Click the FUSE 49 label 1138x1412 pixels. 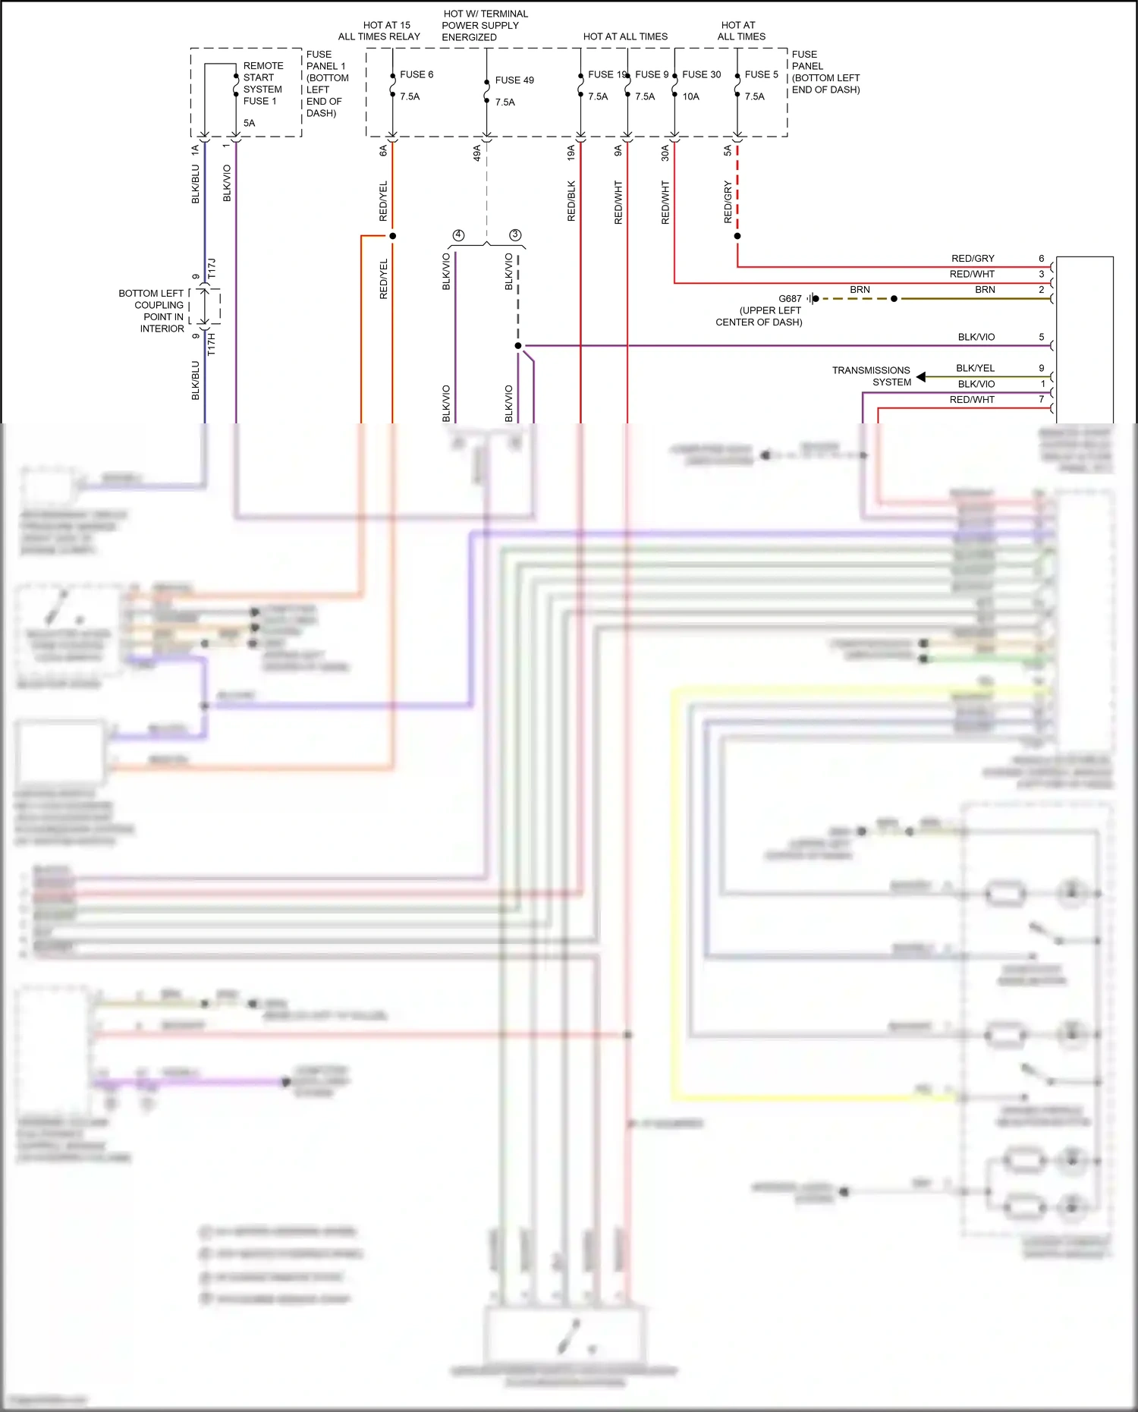[514, 80]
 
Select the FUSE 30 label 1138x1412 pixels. [701, 74]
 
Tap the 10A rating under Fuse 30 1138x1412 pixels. [690, 96]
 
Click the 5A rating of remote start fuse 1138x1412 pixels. [249, 123]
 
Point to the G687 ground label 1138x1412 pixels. [790, 299]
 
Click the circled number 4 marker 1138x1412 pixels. [458, 235]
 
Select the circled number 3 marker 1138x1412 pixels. [515, 235]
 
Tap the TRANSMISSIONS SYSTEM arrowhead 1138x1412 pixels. [920, 376]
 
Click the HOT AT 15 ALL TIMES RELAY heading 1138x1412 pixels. [379, 31]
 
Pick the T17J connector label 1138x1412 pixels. [212, 268]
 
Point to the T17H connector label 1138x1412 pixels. [212, 344]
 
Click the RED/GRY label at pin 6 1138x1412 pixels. [973, 259]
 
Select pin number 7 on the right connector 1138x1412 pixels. [1042, 399]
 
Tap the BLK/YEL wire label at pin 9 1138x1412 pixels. [975, 368]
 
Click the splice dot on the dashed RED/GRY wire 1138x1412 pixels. [737, 236]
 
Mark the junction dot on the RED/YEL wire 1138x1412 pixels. [392, 236]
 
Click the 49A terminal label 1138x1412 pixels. [477, 153]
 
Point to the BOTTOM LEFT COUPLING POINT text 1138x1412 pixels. [152, 311]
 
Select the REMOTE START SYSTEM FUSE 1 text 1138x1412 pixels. [262, 83]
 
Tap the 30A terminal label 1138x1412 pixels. [665, 153]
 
